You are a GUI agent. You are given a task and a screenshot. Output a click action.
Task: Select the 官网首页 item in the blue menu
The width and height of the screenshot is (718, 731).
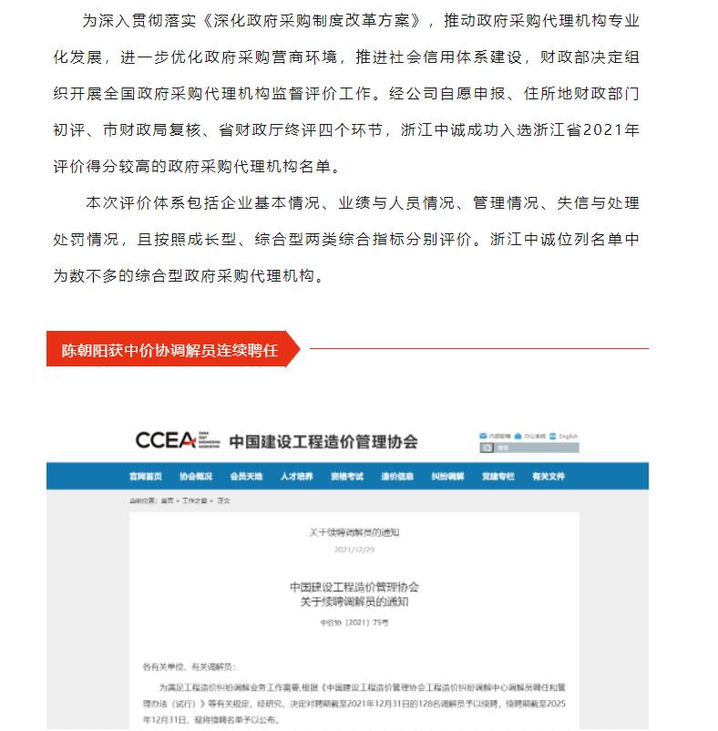tap(146, 477)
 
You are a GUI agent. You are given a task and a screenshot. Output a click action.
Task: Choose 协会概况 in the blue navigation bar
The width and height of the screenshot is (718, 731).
tap(196, 477)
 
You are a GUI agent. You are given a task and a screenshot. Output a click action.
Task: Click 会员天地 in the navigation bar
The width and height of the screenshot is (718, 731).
tap(246, 477)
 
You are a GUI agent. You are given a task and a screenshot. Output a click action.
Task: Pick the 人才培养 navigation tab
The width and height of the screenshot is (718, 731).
tap(297, 477)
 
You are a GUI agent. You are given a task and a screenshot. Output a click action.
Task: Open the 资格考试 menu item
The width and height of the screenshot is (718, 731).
tap(347, 477)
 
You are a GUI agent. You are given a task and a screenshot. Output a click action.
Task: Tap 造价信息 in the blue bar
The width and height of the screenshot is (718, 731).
tap(397, 477)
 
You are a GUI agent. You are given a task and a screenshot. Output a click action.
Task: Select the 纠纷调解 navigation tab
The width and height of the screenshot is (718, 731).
tap(447, 477)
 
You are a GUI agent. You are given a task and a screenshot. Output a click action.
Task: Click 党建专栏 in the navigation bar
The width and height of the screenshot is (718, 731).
tap(498, 477)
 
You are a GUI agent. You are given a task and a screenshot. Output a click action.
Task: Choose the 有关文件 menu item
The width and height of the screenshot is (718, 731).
tap(549, 477)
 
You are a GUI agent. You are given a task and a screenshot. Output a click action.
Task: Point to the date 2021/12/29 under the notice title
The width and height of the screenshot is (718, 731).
tap(354, 551)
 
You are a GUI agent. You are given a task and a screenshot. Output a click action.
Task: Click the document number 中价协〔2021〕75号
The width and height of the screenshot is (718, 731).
tap(354, 623)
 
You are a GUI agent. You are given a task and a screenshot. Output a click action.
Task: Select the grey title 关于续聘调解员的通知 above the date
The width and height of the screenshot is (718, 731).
tap(354, 531)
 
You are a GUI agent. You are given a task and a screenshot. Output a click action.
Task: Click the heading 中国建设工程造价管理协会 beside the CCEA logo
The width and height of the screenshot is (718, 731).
tap(323, 442)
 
